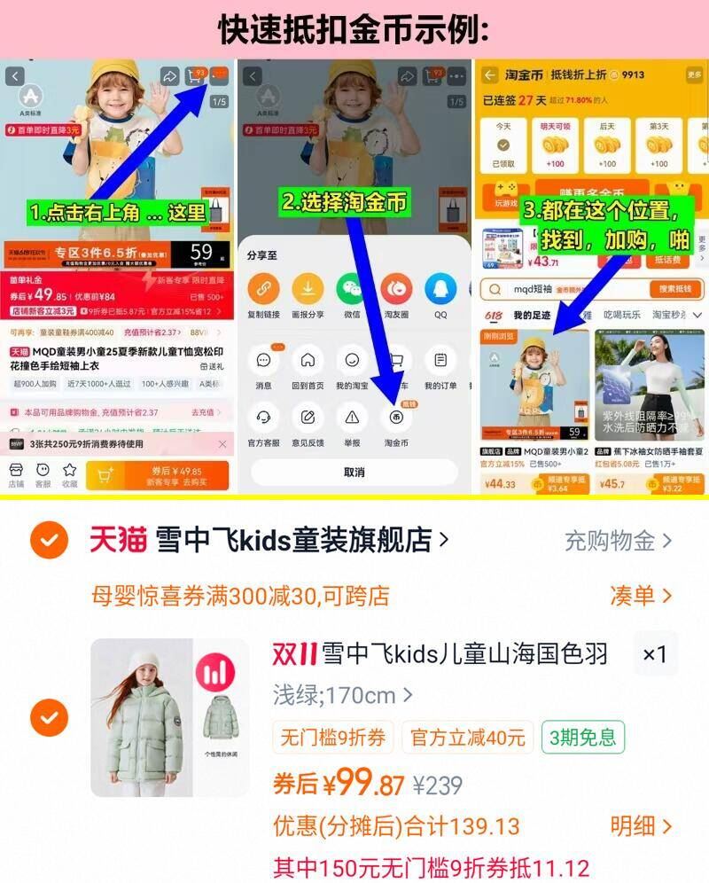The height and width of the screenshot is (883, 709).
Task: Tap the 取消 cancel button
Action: click(354, 473)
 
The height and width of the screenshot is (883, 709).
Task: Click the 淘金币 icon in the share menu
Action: click(396, 417)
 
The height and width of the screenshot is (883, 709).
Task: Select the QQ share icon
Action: click(440, 288)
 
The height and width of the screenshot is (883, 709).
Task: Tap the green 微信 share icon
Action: click(352, 288)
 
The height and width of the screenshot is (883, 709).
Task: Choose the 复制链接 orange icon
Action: click(263, 288)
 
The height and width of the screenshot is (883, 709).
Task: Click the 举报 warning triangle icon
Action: click(352, 417)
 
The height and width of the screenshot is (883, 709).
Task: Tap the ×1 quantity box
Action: click(655, 654)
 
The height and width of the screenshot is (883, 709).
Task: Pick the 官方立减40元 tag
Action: click(467, 738)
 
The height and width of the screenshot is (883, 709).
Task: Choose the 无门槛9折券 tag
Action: click(332, 738)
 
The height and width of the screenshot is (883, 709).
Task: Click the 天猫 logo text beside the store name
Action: click(118, 539)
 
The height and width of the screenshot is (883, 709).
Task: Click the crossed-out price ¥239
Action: click(438, 785)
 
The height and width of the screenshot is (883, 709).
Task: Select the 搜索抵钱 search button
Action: click(675, 289)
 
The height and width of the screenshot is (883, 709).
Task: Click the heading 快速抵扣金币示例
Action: click(354, 29)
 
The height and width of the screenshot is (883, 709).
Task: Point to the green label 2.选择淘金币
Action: click(345, 202)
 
